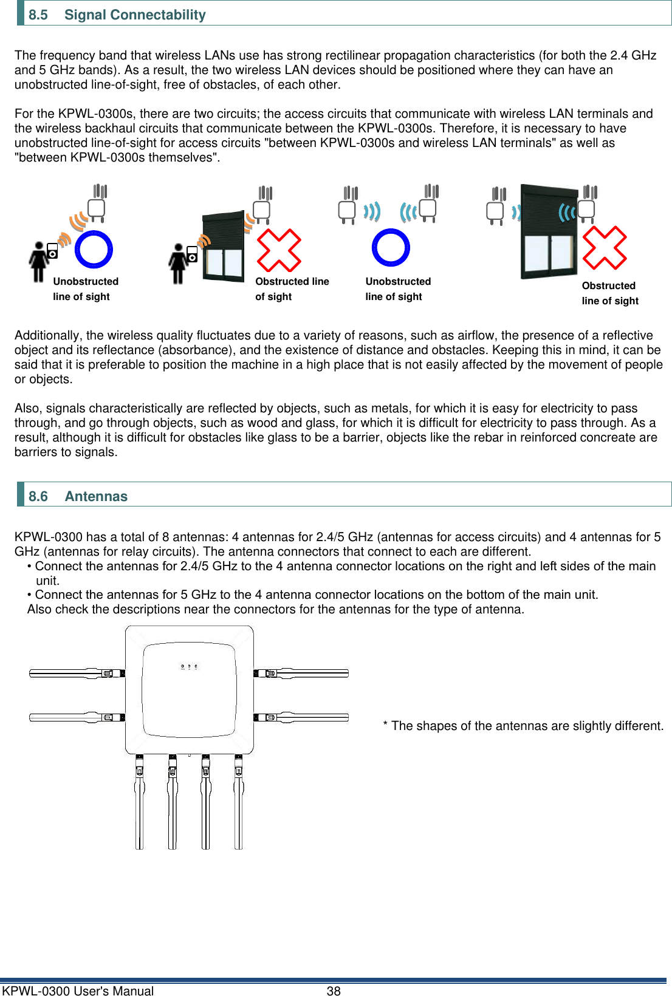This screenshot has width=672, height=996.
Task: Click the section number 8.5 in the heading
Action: [38, 15]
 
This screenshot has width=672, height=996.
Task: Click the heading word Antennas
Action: [96, 496]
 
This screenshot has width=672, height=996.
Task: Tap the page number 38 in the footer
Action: [334, 991]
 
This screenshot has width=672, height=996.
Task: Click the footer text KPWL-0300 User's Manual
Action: [78, 991]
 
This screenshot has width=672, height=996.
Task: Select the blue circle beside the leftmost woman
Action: [94, 249]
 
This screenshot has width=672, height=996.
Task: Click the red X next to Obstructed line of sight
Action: [279, 250]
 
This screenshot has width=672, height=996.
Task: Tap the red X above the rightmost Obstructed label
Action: [604, 247]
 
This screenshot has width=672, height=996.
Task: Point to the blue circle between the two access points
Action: [391, 247]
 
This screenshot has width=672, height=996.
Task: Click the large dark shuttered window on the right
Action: [549, 231]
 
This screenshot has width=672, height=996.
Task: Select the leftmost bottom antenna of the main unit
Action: [140, 802]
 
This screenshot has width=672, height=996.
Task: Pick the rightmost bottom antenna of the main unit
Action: [239, 802]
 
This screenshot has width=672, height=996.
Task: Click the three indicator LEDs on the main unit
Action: [189, 667]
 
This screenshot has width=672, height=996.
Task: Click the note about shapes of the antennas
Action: [523, 726]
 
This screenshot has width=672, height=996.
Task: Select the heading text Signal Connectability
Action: [135, 15]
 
